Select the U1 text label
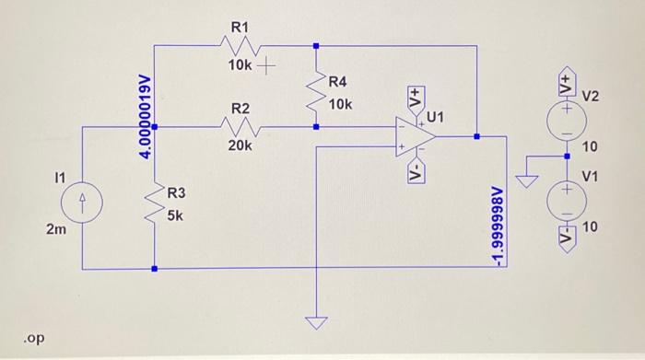point(435,117)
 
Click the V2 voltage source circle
point(564,115)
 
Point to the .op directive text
point(34,338)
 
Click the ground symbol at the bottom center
point(316,323)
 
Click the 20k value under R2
point(240,145)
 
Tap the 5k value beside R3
point(175,216)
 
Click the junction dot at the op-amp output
point(476,135)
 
